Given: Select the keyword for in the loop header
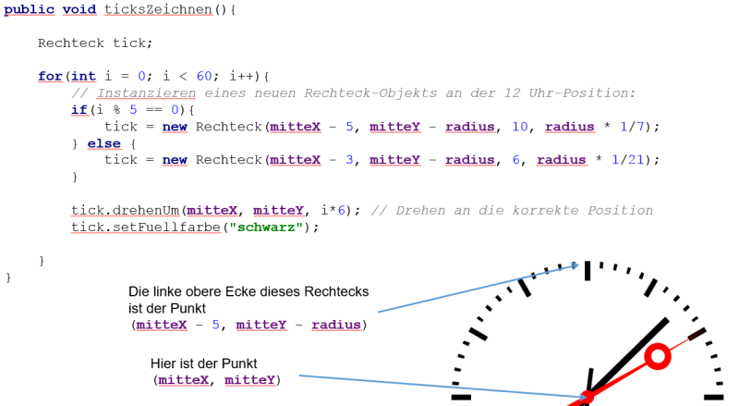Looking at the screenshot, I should point(50,77).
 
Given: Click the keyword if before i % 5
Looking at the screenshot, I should point(79,110).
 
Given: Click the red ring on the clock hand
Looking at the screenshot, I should point(658,356).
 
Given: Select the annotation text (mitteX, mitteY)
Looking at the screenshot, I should point(216,379).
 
